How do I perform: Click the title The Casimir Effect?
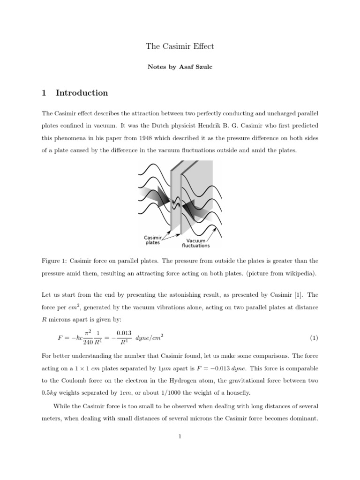(180, 46)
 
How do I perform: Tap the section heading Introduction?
(82, 93)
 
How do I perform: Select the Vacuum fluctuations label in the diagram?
(195, 243)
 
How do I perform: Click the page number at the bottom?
(180, 436)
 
